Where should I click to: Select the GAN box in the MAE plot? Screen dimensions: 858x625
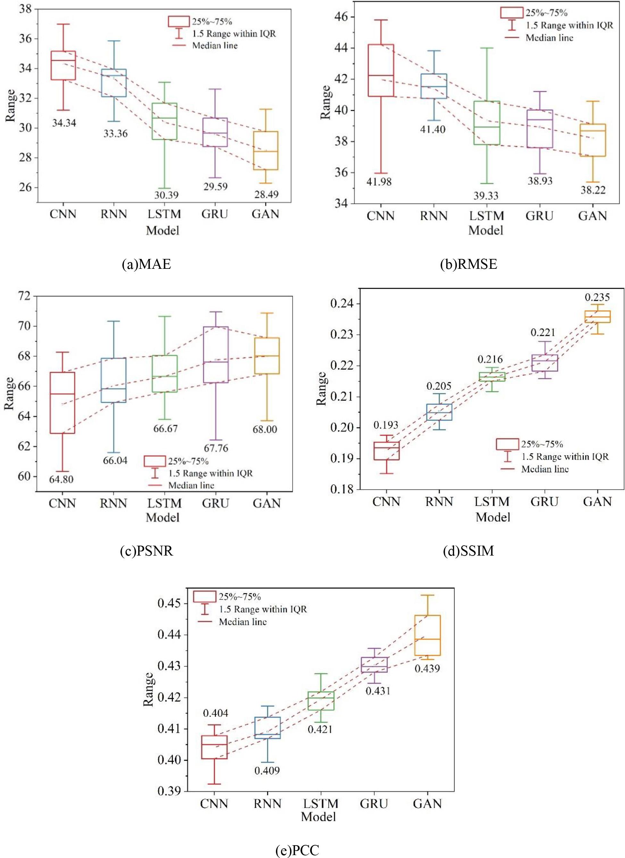point(265,150)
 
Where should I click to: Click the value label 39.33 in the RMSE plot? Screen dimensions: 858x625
point(486,196)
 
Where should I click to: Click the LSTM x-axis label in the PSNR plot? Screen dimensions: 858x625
point(164,503)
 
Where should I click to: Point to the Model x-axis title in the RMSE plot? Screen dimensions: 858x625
point(486,230)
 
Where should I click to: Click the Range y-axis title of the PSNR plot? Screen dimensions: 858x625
point(9,393)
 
